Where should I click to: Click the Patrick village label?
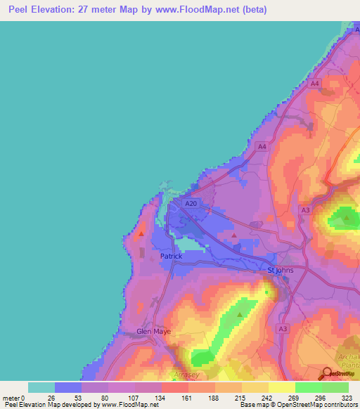171,257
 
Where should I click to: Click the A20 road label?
188,203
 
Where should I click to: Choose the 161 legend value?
188,397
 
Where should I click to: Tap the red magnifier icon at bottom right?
328,375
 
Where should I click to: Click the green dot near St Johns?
266,292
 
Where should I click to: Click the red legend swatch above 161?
174,387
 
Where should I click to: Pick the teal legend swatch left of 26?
41,387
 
